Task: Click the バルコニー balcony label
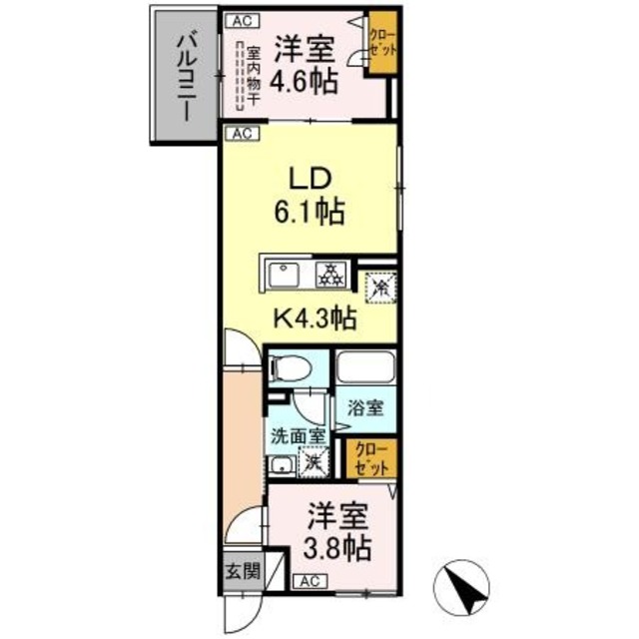pyautogui.click(x=186, y=77)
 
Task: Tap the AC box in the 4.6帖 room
pyautogui.click(x=239, y=20)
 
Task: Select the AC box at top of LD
pyautogui.click(x=240, y=133)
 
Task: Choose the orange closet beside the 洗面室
pyautogui.click(x=370, y=458)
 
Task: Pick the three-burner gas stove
pyautogui.click(x=329, y=274)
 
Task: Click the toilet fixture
pyautogui.click(x=290, y=369)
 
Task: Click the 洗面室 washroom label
pyautogui.click(x=296, y=435)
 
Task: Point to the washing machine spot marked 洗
pyautogui.click(x=314, y=462)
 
